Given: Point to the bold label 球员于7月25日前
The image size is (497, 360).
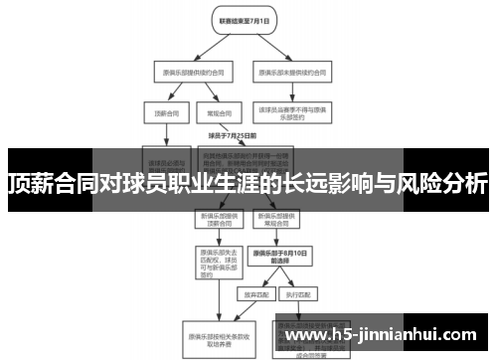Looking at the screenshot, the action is [232, 134].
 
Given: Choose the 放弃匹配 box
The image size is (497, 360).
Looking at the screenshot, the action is [246, 294].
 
